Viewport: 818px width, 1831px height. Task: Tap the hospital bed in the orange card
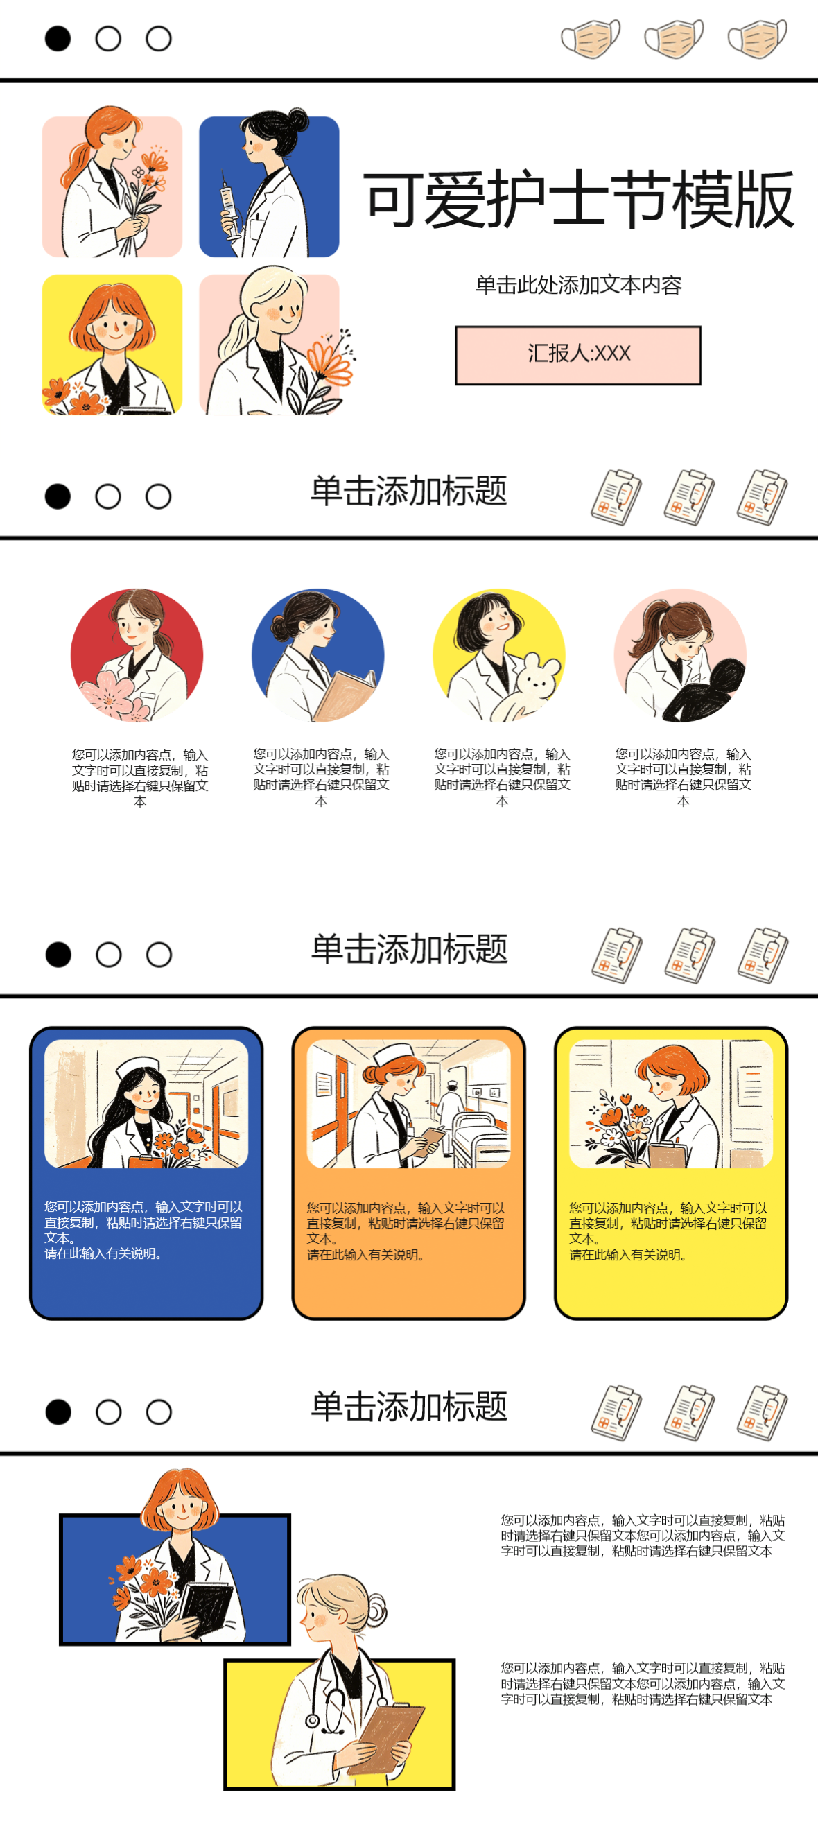coord(477,1136)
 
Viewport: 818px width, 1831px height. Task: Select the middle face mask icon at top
coord(673,38)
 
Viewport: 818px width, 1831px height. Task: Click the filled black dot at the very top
coord(58,38)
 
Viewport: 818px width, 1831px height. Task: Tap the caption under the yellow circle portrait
coord(502,777)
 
